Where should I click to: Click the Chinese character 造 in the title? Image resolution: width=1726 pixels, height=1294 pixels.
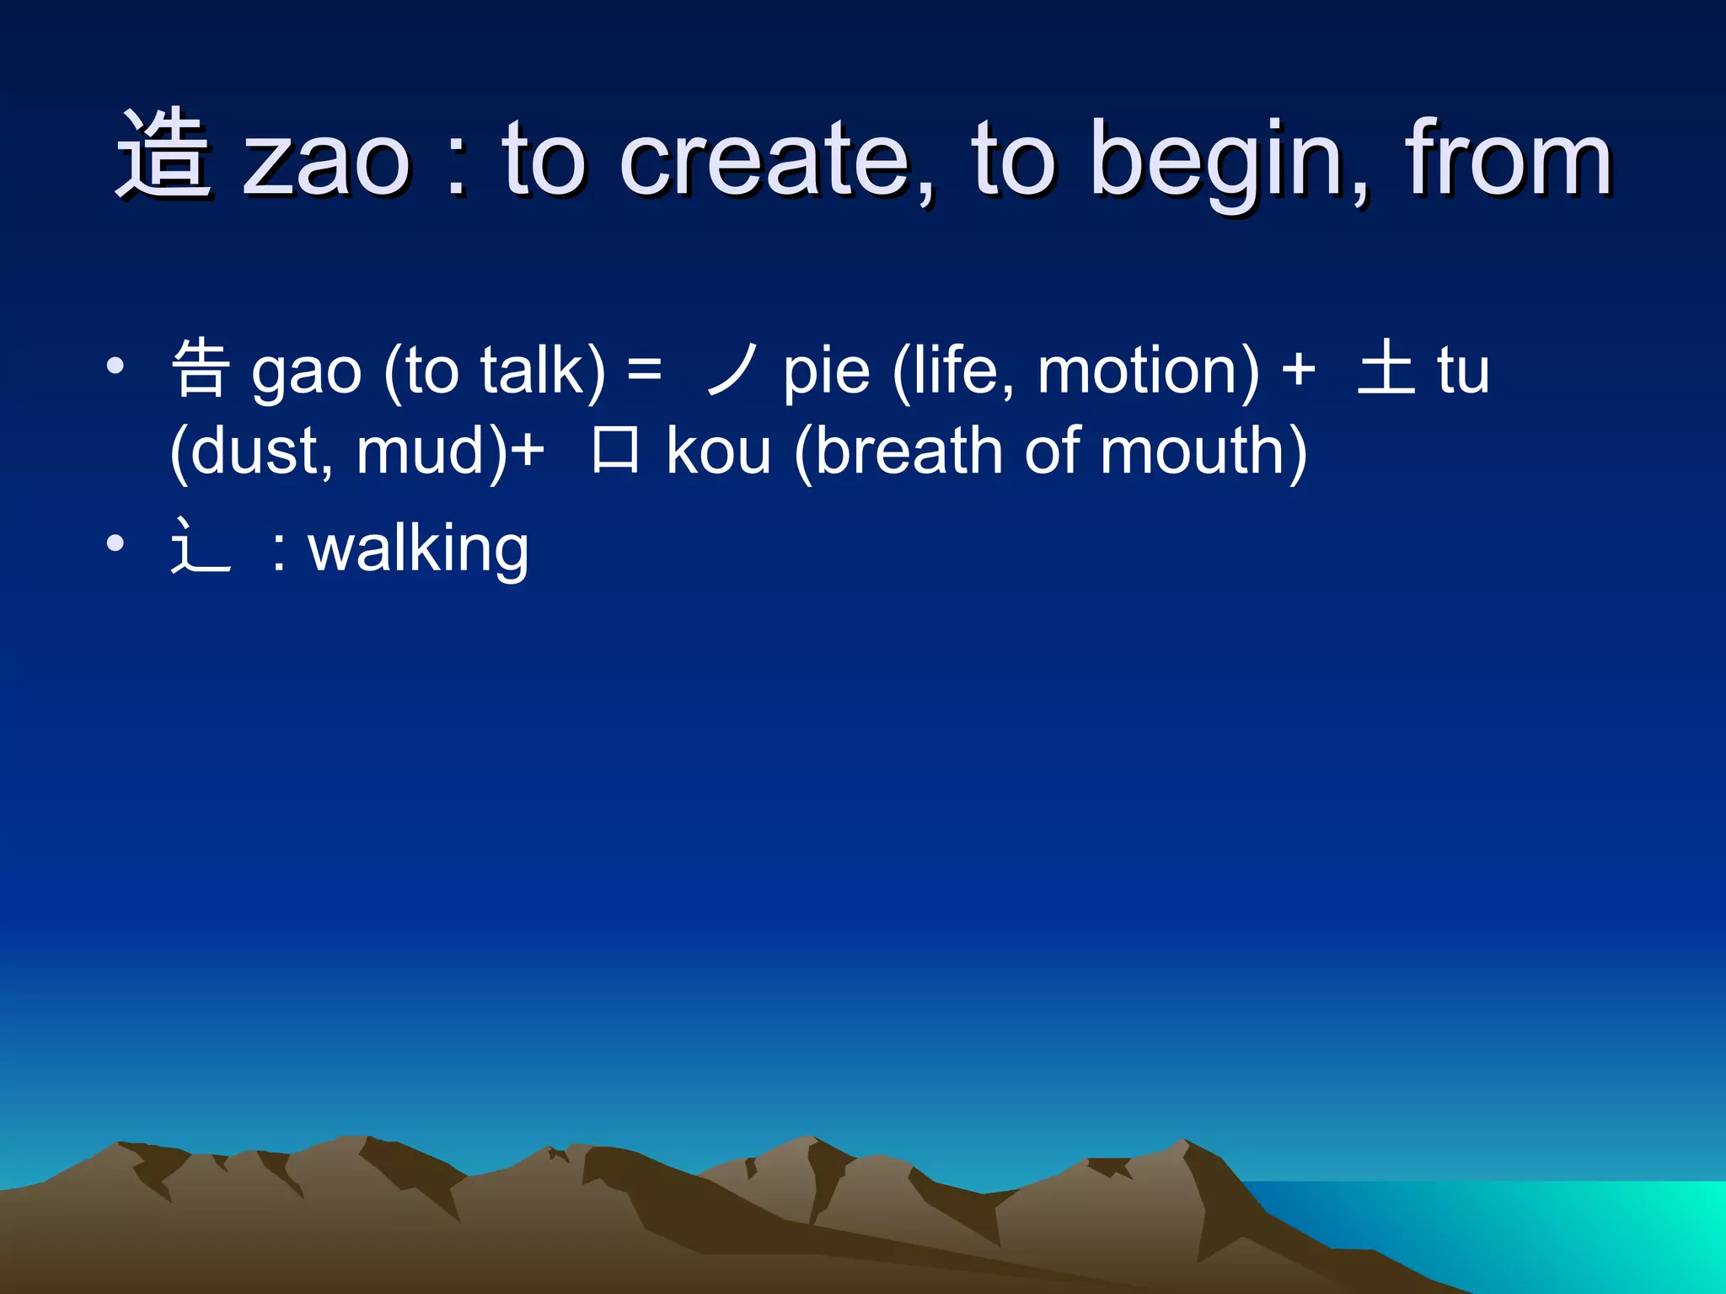tap(162, 156)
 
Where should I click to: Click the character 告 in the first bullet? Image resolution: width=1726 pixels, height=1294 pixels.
tap(201, 368)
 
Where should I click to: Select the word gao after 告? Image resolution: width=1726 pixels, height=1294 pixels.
tap(307, 374)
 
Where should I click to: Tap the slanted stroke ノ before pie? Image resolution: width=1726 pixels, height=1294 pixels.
tap(730, 369)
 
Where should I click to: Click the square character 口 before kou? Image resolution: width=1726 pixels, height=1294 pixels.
tap(615, 450)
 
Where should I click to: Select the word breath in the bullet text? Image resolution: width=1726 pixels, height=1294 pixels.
tap(908, 451)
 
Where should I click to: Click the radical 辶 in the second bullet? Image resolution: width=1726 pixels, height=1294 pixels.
tap(201, 547)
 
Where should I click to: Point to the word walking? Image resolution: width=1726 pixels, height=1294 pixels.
tap(418, 548)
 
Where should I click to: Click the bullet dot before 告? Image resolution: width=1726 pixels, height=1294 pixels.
tap(115, 366)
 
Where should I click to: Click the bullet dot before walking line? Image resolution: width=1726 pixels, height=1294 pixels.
tap(115, 543)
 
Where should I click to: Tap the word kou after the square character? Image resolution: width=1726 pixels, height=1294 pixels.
tap(718, 451)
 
